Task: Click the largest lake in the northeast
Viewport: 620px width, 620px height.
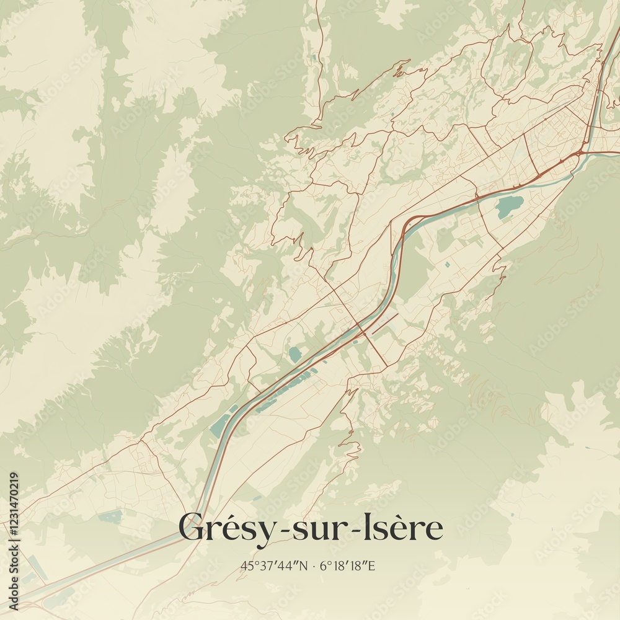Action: [x=508, y=207]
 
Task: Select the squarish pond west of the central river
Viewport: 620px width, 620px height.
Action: [x=294, y=354]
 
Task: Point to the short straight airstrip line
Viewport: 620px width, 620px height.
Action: [x=385, y=324]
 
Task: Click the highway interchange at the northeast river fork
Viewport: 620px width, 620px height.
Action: [x=582, y=152]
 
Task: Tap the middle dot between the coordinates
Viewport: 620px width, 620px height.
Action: [x=314, y=565]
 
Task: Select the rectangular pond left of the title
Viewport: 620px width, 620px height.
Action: [x=110, y=516]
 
